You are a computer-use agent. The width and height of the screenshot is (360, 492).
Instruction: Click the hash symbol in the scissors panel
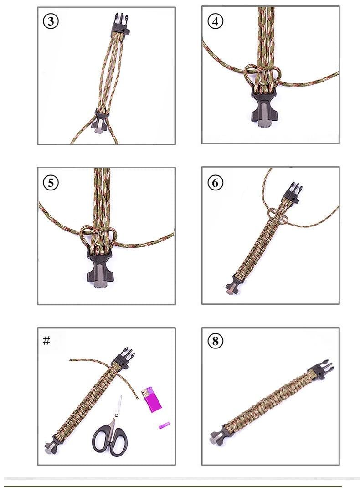[x=46, y=341]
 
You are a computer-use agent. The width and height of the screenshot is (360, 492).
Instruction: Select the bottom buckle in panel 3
[x=101, y=121]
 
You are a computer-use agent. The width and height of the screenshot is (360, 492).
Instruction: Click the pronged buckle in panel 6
[x=291, y=190]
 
